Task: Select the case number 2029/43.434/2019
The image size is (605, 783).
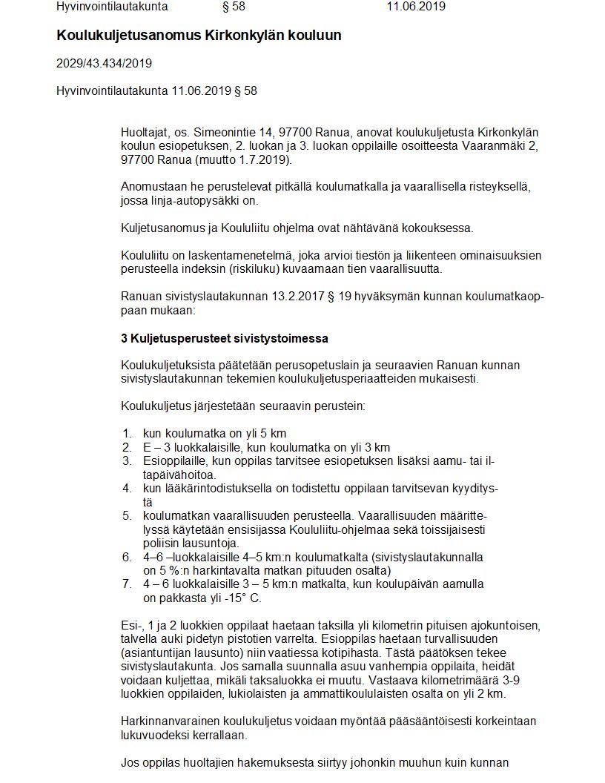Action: (x=104, y=64)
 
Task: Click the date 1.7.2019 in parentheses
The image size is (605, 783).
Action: (x=266, y=159)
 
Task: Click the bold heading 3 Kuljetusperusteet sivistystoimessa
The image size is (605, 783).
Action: (x=225, y=338)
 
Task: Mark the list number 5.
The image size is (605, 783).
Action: (x=127, y=515)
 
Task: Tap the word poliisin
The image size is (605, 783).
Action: (x=163, y=543)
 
